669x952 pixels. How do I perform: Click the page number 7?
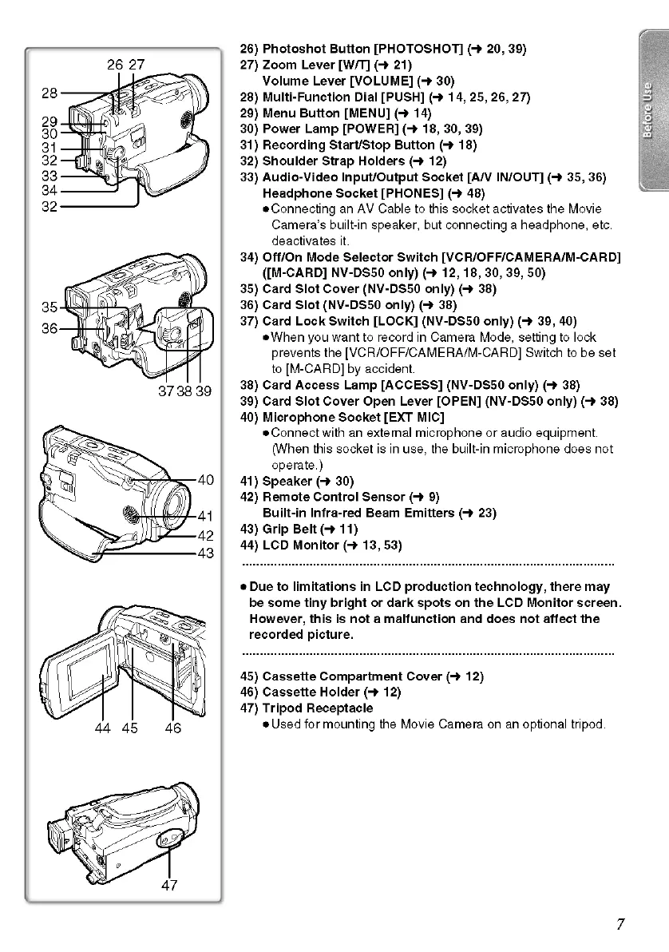[620, 924]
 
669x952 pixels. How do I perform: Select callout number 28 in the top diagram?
[48, 93]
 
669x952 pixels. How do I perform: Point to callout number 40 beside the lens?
[205, 480]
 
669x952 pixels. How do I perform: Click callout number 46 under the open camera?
[172, 728]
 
